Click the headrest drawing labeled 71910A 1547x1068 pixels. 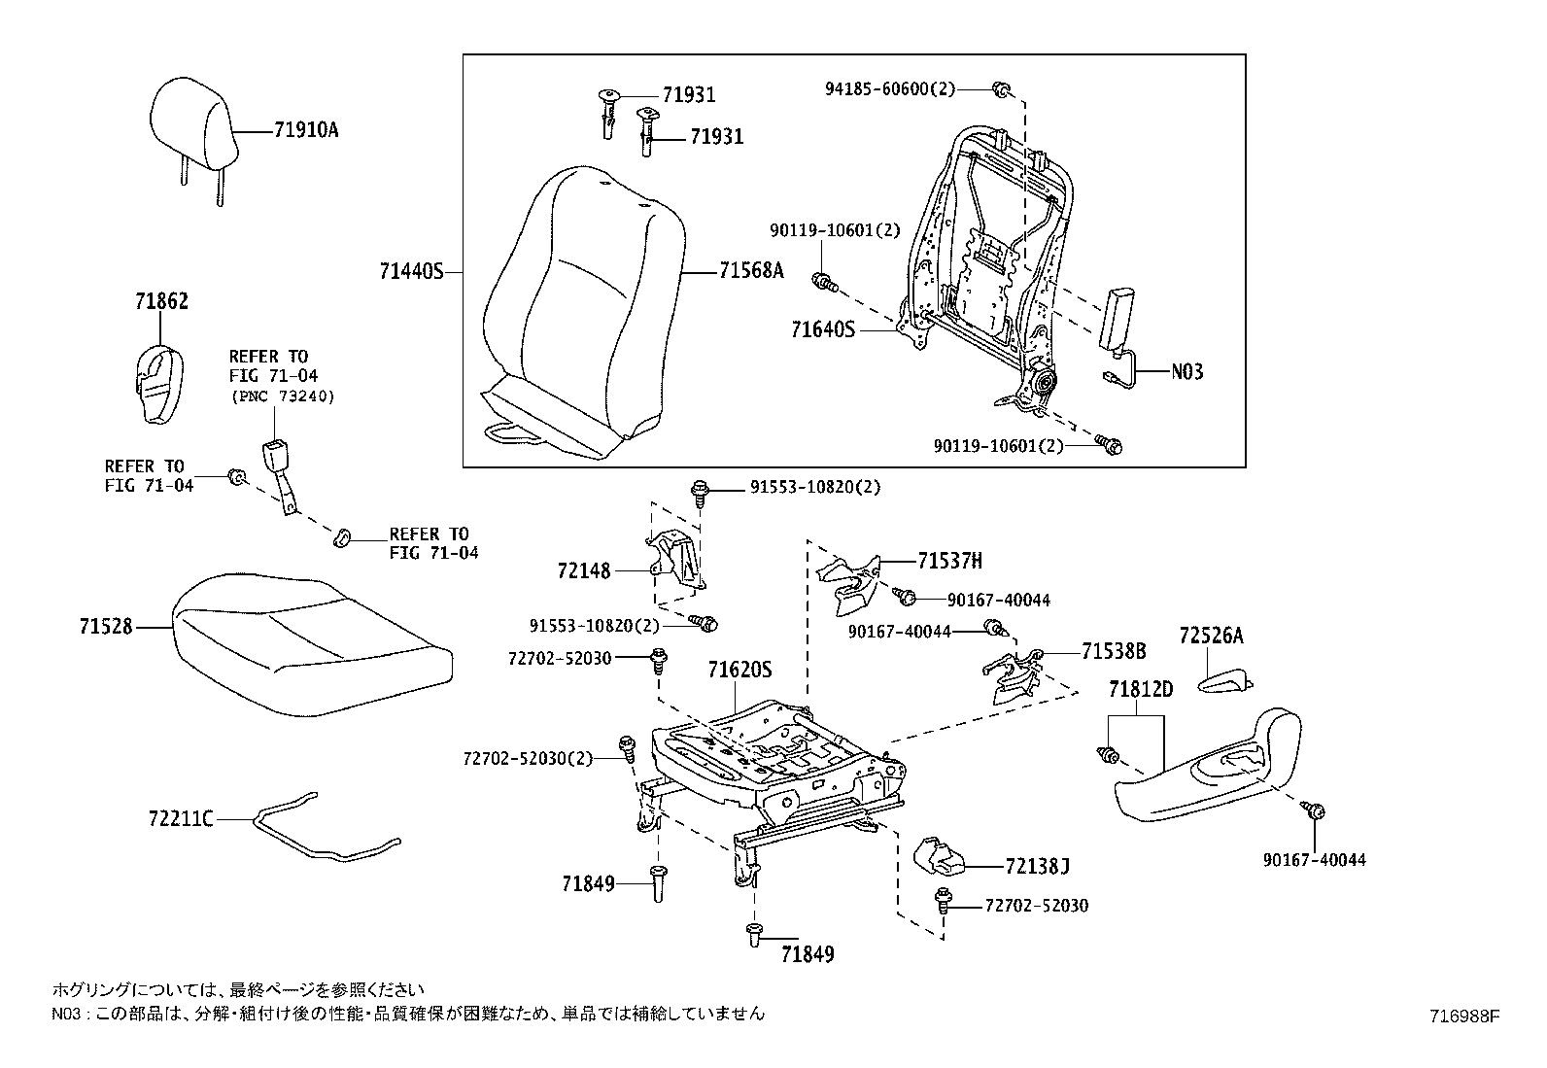pyautogui.click(x=193, y=123)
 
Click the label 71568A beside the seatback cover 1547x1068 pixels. pyautogui.click(x=750, y=272)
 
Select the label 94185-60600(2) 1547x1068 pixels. pyautogui.click(x=889, y=89)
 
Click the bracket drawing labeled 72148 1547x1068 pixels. pyautogui.click(x=674, y=561)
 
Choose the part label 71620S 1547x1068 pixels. pyautogui.click(x=739, y=670)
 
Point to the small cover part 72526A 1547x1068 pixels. pyautogui.click(x=1225, y=683)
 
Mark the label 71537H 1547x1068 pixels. pyautogui.click(x=949, y=561)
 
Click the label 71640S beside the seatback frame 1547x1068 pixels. pyautogui.click(x=822, y=330)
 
